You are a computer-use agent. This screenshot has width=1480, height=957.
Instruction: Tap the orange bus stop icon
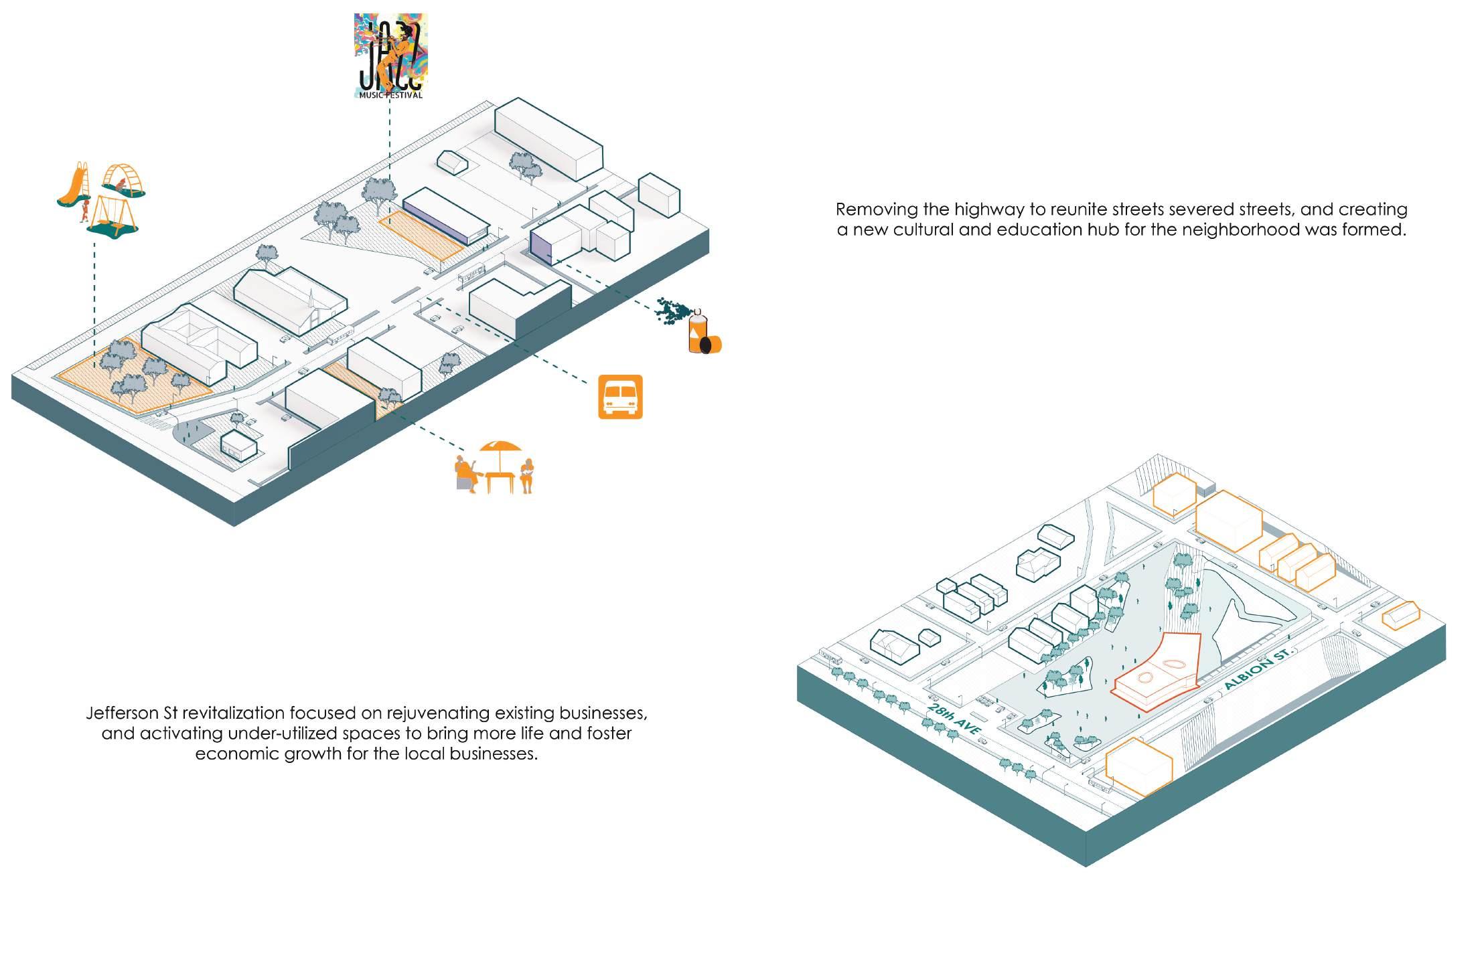620,396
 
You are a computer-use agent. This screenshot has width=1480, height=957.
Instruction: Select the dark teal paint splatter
673,311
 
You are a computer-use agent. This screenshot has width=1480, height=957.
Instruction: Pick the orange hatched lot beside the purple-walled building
421,236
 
